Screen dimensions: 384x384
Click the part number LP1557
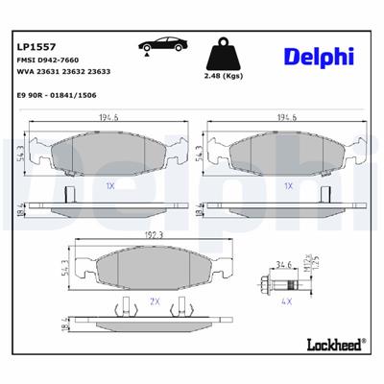pyautogui.click(x=36, y=45)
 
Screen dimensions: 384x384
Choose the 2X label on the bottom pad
pyautogui.click(x=153, y=300)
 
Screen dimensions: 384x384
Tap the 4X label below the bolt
pyautogui.click(x=285, y=300)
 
